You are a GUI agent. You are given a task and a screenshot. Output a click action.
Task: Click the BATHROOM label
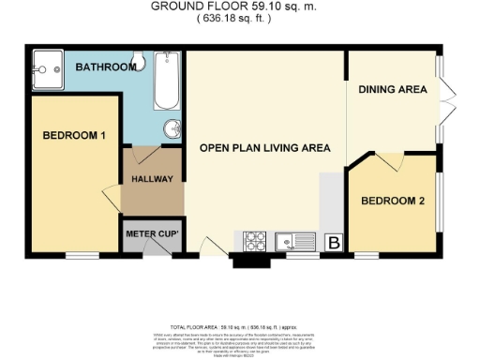[101, 67]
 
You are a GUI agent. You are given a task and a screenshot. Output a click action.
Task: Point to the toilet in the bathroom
[137, 62]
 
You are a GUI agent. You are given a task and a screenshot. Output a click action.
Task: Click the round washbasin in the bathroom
[173, 128]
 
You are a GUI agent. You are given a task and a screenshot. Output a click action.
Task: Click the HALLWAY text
[150, 179]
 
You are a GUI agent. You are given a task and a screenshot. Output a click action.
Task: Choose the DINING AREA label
[393, 90]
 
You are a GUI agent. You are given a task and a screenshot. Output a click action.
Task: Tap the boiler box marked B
[331, 242]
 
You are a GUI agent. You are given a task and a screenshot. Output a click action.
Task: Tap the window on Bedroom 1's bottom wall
[78, 254]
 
